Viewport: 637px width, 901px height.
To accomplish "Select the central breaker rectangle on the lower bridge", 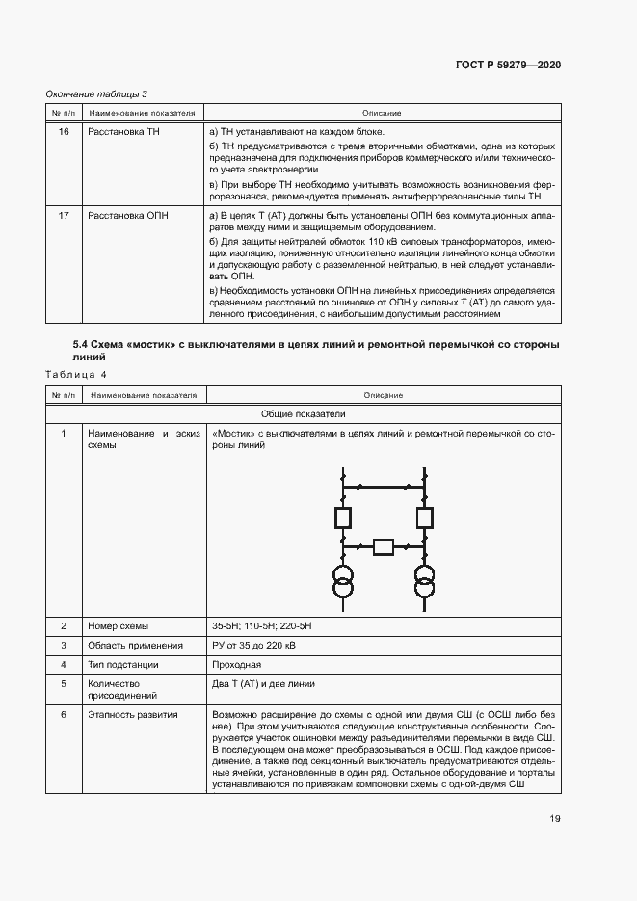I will [383, 547].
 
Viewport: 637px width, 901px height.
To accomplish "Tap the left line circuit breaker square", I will [342, 518].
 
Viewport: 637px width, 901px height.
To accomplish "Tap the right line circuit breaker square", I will [423, 518].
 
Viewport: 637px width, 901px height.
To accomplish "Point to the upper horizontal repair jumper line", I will [383, 487].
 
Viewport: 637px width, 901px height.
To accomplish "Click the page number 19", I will [554, 819].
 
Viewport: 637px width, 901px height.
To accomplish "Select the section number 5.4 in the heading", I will [81, 344].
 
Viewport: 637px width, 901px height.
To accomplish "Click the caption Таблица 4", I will [77, 374].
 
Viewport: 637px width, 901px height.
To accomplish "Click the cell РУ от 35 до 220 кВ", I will [253, 646].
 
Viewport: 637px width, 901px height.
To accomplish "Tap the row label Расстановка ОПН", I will [127, 216].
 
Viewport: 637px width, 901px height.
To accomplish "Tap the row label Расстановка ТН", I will [123, 132].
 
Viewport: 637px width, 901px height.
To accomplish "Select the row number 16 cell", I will [64, 132].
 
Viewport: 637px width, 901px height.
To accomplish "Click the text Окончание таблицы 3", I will [96, 93].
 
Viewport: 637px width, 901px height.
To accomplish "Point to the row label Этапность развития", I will [132, 715].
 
